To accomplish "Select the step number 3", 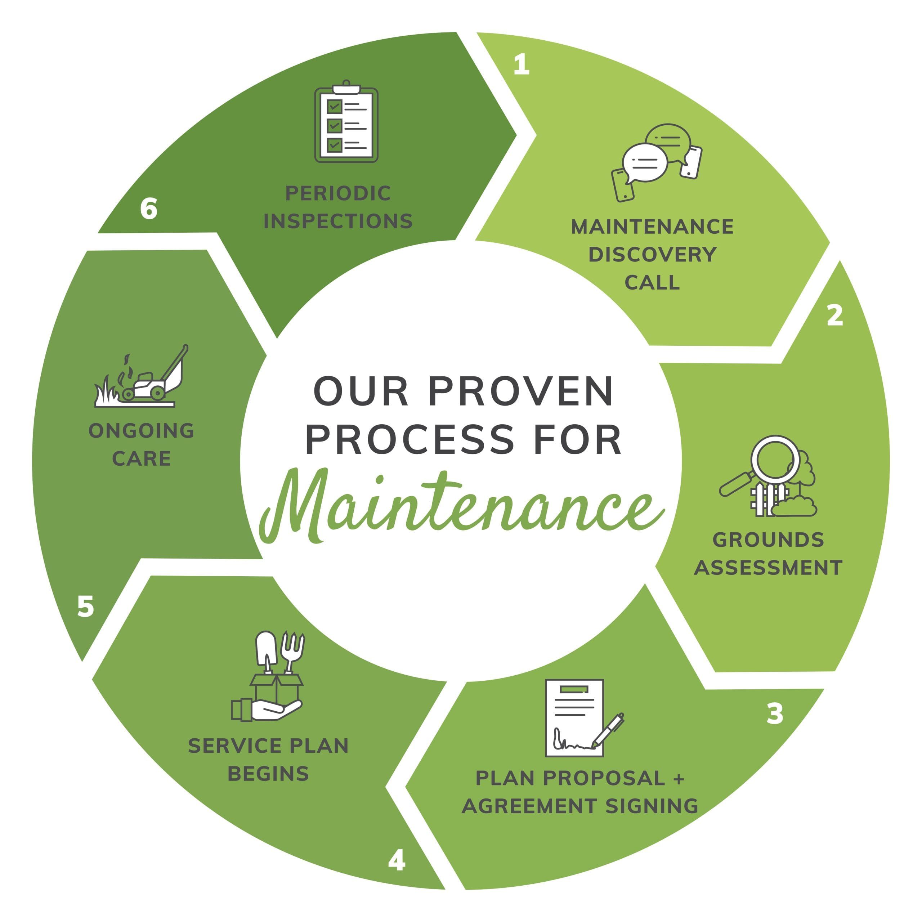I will pyautogui.click(x=775, y=713).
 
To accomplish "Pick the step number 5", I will pyautogui.click(x=85, y=607).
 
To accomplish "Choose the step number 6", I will pyautogui.click(x=149, y=209).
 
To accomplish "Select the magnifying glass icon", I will pyautogui.click(x=764, y=465).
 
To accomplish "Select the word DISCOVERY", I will pyautogui.click(x=652, y=255).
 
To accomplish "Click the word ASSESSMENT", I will pyautogui.click(x=768, y=568).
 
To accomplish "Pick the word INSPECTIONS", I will pyautogui.click(x=338, y=221).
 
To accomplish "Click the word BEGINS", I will pyautogui.click(x=268, y=774).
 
